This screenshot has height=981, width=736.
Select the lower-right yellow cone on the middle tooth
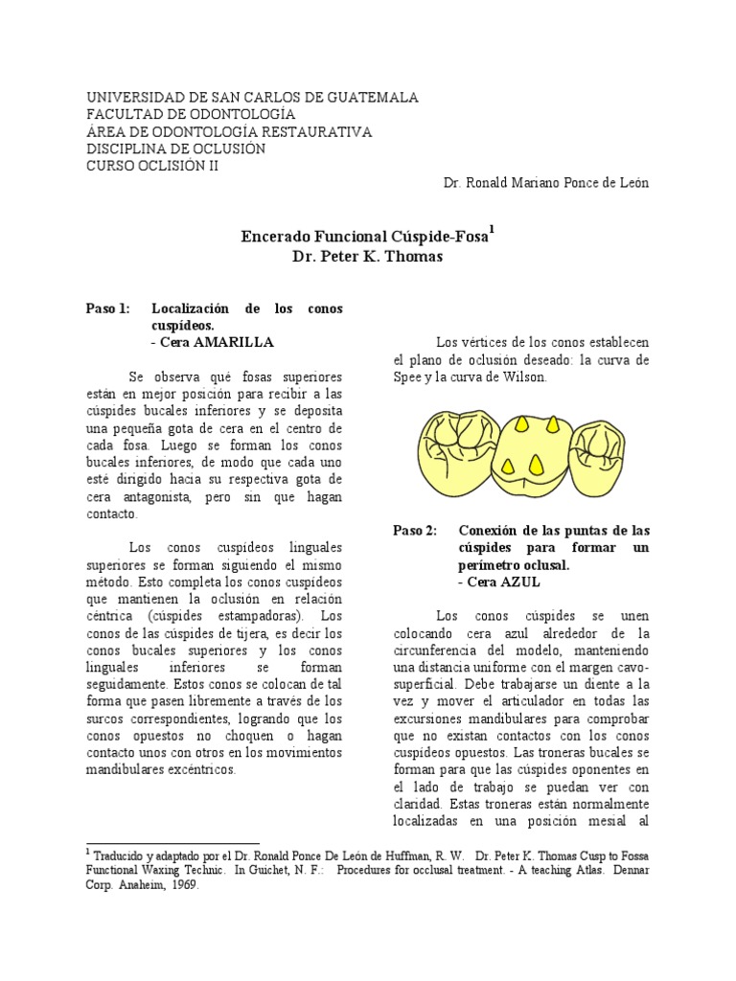tap(540, 469)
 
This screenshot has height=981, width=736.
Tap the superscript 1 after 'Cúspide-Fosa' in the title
tap(493, 229)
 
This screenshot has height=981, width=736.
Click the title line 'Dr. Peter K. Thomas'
tap(368, 257)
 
